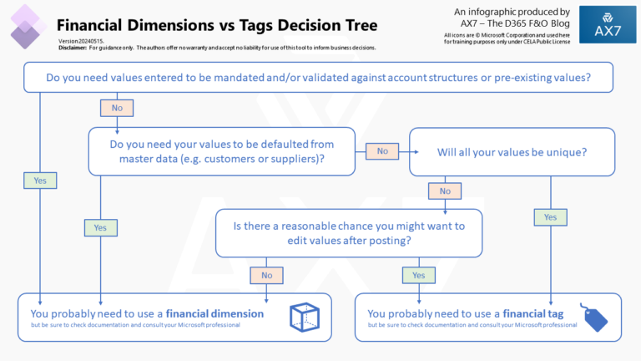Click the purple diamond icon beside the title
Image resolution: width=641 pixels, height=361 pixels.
26,26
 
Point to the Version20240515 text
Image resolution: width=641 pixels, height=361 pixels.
80,41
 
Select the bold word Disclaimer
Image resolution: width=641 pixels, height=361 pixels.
73,48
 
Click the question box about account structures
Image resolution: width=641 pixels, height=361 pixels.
320,78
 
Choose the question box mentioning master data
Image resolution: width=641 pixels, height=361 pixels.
222,151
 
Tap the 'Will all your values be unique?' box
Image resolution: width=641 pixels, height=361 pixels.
512,152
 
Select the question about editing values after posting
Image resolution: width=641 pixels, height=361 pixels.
349,233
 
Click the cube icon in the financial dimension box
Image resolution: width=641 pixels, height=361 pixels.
303,317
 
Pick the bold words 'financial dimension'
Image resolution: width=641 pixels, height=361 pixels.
215,313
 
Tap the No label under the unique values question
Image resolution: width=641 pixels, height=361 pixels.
445,191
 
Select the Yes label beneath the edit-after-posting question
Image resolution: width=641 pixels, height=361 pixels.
418,275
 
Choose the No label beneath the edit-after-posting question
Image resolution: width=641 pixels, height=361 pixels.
266,275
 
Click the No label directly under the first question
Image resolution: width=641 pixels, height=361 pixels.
117,108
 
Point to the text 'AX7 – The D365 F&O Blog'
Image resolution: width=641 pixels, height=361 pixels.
511,23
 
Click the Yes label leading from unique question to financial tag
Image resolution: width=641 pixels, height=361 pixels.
549,217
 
